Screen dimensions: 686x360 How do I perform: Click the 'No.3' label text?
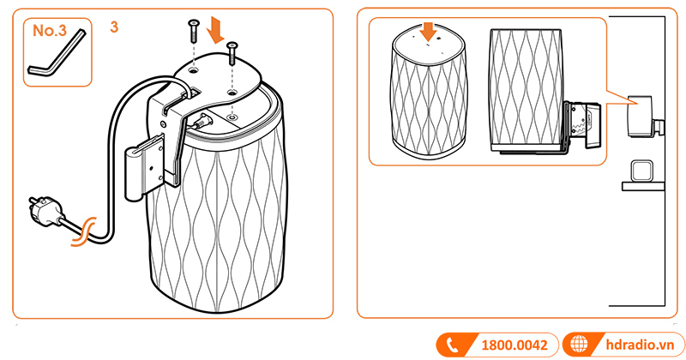tap(50, 30)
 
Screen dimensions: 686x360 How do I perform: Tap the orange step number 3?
tap(114, 27)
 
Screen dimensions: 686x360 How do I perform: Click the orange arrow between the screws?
tap(216, 30)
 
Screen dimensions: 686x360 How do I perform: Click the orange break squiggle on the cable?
tap(82, 231)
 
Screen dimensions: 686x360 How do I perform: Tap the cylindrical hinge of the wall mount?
tap(133, 173)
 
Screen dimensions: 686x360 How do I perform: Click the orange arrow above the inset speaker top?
tap(428, 32)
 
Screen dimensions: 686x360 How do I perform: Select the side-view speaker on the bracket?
tap(526, 90)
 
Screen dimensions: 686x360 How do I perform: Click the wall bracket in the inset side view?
tap(581, 125)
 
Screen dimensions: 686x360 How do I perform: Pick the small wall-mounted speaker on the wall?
tap(640, 116)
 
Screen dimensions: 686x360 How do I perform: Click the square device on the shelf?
tap(642, 171)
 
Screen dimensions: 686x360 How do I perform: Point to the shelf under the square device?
tap(643, 186)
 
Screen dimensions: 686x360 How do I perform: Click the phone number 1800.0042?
tap(514, 345)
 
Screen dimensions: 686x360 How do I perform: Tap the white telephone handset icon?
tap(452, 345)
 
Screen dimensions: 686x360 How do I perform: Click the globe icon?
tap(580, 345)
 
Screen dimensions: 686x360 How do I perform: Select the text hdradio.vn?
tap(640, 345)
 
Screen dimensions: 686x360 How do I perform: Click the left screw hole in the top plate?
tap(194, 69)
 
